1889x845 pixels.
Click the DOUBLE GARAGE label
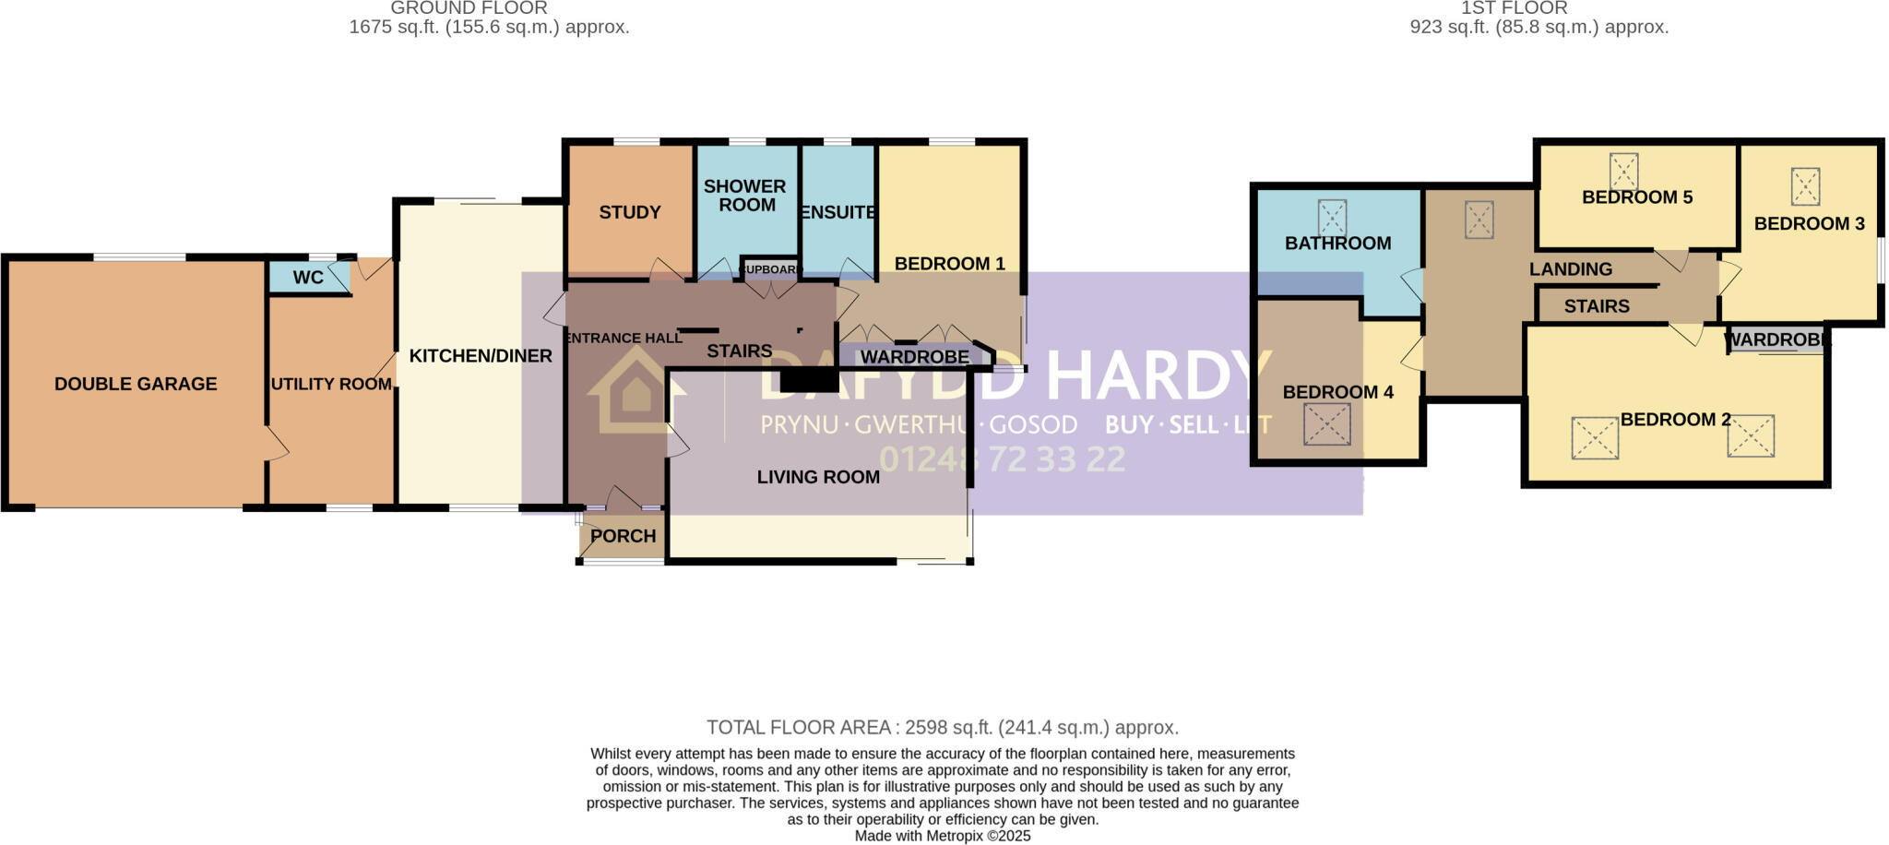(x=136, y=384)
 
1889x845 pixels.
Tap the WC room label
(x=308, y=278)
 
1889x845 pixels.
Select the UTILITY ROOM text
(x=331, y=384)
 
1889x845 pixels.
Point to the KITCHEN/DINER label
(x=481, y=356)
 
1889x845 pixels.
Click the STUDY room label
(x=630, y=212)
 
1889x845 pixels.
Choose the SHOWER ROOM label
(x=745, y=196)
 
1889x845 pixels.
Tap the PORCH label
(x=623, y=536)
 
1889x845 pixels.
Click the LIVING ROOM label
(x=818, y=477)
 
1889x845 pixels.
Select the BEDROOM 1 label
(x=949, y=264)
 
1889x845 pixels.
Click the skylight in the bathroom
(x=1332, y=218)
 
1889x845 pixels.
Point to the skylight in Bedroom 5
(x=1623, y=172)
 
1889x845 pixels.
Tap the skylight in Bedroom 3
(x=1805, y=186)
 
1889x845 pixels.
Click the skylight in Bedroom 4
(x=1326, y=425)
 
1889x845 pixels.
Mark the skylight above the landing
(x=1479, y=220)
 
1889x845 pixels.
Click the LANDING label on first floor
(x=1571, y=269)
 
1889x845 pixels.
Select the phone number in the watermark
(x=1002, y=459)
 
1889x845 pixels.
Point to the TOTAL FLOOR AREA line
(x=943, y=728)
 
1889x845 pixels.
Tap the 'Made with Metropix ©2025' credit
(x=943, y=836)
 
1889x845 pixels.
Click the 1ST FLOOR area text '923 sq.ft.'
(x=1539, y=28)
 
